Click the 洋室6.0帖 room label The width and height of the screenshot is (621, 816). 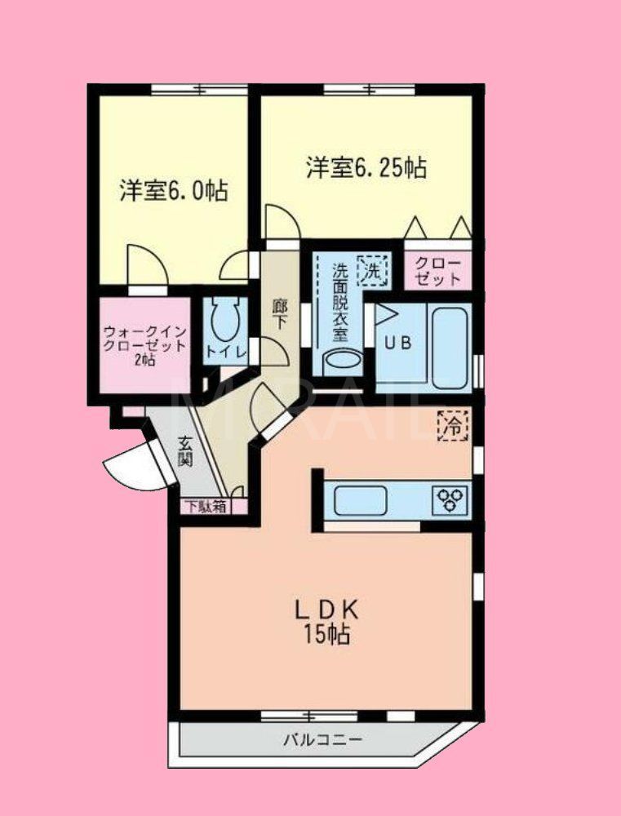point(173,192)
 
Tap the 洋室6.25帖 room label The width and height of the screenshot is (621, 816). point(366,169)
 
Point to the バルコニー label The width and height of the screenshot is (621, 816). point(322,740)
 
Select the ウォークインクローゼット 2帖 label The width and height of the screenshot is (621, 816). point(145,345)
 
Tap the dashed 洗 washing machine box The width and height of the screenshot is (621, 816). point(371,270)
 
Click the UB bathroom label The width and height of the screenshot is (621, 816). point(399,344)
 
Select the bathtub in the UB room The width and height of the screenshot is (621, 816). point(449,347)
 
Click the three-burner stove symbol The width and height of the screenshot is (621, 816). point(451,499)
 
